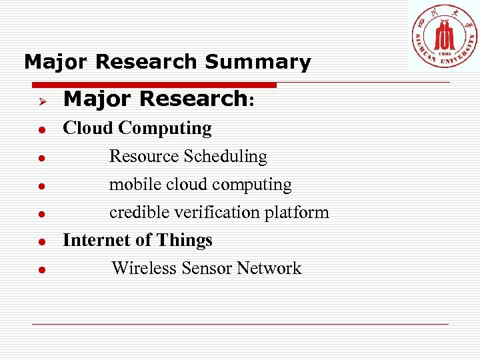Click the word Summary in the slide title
point(258,62)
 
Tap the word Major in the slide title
point(56,62)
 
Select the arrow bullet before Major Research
point(41,100)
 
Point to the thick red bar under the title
point(153,85)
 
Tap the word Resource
point(143,157)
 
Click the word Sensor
point(209,268)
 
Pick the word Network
point(269,268)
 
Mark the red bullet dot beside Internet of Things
point(41,242)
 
